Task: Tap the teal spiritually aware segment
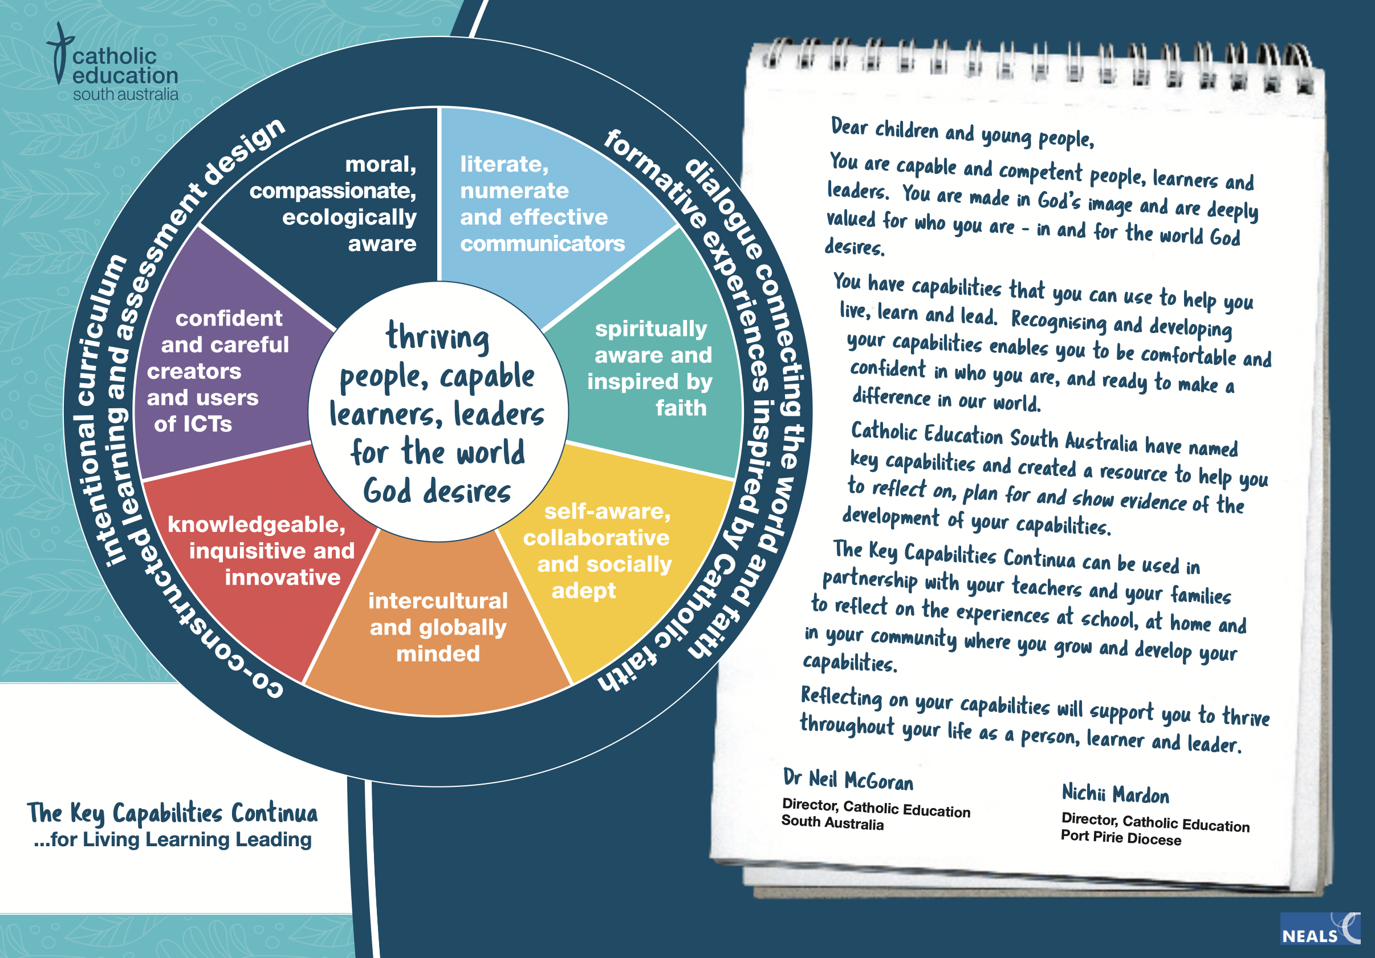click(x=653, y=366)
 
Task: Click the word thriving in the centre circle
click(x=437, y=336)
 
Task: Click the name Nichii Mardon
click(x=1115, y=794)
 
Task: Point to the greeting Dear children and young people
click(x=962, y=133)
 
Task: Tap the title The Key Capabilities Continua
click(x=173, y=813)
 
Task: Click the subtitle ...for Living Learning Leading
click(x=173, y=839)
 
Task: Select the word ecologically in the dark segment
click(x=349, y=217)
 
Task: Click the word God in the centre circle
click(x=388, y=492)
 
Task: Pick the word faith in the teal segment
click(x=681, y=408)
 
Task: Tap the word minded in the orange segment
click(x=438, y=653)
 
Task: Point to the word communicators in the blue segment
click(x=542, y=244)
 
